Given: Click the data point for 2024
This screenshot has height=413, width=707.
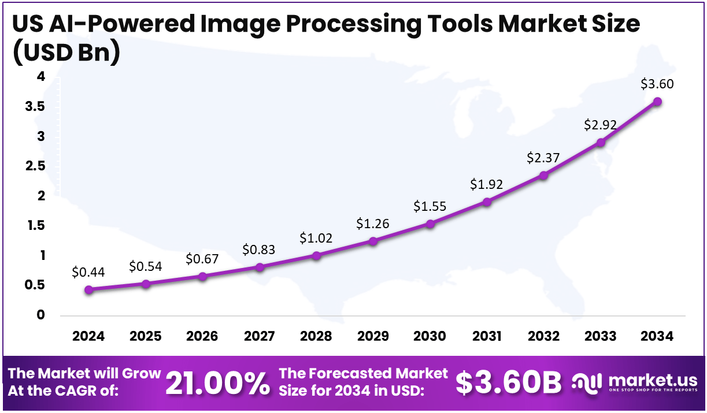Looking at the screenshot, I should (x=88, y=290).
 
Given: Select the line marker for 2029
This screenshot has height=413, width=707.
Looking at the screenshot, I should (x=373, y=241).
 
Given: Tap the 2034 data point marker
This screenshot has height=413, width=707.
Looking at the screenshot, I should (x=657, y=102).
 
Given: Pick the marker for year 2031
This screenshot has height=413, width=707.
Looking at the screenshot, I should (x=487, y=202).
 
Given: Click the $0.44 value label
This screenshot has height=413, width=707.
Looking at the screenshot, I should (x=88, y=272).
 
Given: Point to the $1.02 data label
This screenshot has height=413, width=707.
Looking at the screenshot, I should (x=316, y=237).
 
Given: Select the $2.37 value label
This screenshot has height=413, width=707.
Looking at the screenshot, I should (x=543, y=157).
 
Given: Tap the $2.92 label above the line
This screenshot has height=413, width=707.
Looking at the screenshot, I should (x=600, y=124).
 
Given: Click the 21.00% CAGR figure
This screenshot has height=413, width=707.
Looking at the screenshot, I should (x=217, y=383).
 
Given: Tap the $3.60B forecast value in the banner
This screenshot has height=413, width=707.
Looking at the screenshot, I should (x=509, y=383).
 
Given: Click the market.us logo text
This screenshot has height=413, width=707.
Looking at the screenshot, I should (x=650, y=379).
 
